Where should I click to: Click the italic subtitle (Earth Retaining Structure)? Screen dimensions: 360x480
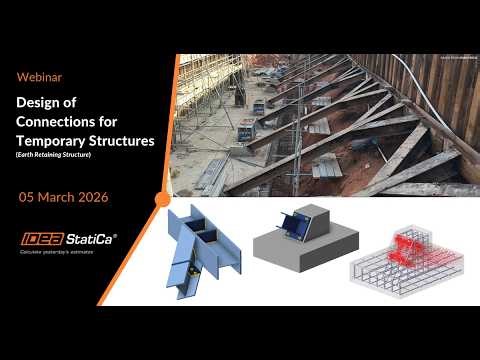[61, 156]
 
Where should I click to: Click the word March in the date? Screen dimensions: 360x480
[61, 198]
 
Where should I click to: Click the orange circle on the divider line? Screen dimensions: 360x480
[163, 198]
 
